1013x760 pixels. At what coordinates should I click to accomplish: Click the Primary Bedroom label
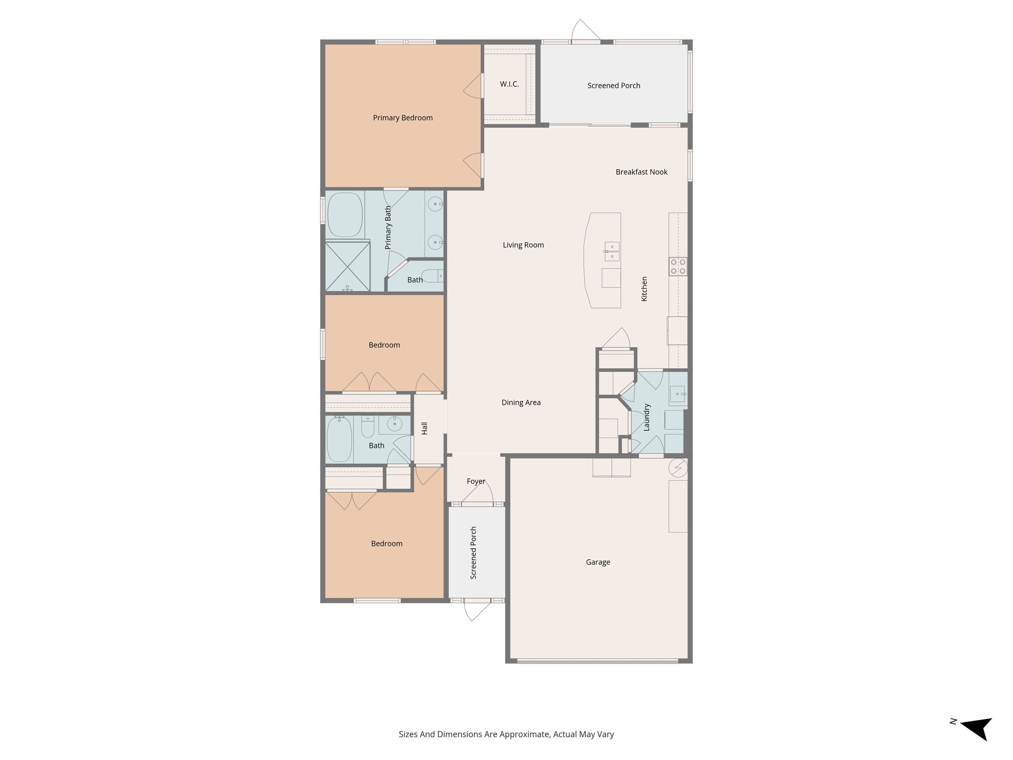pyautogui.click(x=403, y=118)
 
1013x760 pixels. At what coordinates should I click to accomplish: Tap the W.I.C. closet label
pyautogui.click(x=509, y=84)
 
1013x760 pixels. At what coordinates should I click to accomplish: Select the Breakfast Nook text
pyautogui.click(x=642, y=172)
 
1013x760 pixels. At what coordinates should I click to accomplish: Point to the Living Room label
pyautogui.click(x=523, y=245)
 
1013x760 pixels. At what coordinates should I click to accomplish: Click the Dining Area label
pyautogui.click(x=521, y=403)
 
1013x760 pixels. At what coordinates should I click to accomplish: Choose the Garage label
pyautogui.click(x=598, y=562)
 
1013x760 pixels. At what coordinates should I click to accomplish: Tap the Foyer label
pyautogui.click(x=476, y=481)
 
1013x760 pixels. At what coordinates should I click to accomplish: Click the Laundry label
pyautogui.click(x=646, y=418)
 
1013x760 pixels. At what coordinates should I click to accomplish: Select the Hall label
pyautogui.click(x=424, y=428)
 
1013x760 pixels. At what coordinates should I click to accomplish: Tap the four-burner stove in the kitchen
pyautogui.click(x=678, y=267)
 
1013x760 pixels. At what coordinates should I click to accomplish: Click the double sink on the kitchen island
pyautogui.click(x=611, y=251)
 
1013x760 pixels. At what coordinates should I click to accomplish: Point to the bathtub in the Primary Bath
pyautogui.click(x=345, y=215)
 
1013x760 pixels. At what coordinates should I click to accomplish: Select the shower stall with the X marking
pyautogui.click(x=348, y=266)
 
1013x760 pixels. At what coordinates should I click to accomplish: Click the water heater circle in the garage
pyautogui.click(x=678, y=467)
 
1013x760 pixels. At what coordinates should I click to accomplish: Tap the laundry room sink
pyautogui.click(x=678, y=394)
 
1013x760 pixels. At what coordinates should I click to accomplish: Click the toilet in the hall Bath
pyautogui.click(x=368, y=427)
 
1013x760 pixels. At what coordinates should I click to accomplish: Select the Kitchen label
pyautogui.click(x=644, y=289)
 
